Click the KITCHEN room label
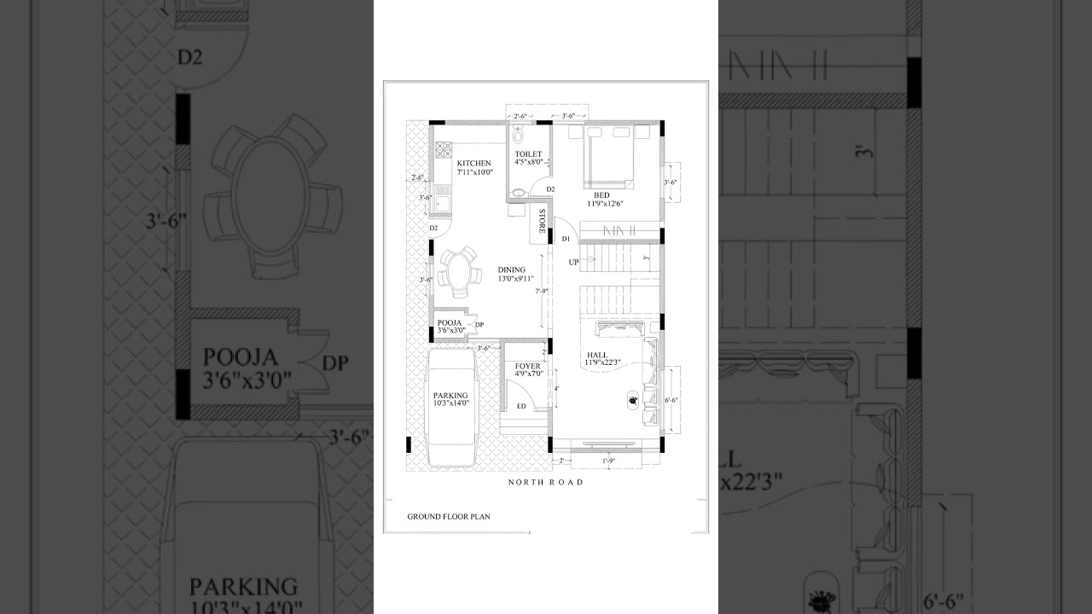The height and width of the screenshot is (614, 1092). [473, 162]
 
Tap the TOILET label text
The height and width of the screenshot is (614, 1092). [528, 154]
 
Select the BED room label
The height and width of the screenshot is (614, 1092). [602, 194]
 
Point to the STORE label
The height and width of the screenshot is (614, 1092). [542, 221]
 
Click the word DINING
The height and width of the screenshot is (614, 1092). [512, 269]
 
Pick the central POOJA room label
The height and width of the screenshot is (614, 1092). [449, 322]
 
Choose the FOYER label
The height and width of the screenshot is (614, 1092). [527, 366]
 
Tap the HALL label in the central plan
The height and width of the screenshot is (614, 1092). [597, 355]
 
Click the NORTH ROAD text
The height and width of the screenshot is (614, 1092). [546, 483]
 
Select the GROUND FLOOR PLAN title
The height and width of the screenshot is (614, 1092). [449, 516]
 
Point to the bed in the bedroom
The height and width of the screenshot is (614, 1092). [609, 159]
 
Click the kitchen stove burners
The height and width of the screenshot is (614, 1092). [444, 149]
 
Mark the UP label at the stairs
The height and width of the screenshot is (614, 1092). [574, 262]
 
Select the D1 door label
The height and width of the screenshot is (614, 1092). [565, 240]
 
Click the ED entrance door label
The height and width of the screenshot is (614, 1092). [521, 406]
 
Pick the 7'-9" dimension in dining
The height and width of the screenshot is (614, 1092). [541, 291]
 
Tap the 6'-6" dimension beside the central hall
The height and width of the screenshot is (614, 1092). [671, 399]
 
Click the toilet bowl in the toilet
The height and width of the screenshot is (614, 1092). [518, 136]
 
